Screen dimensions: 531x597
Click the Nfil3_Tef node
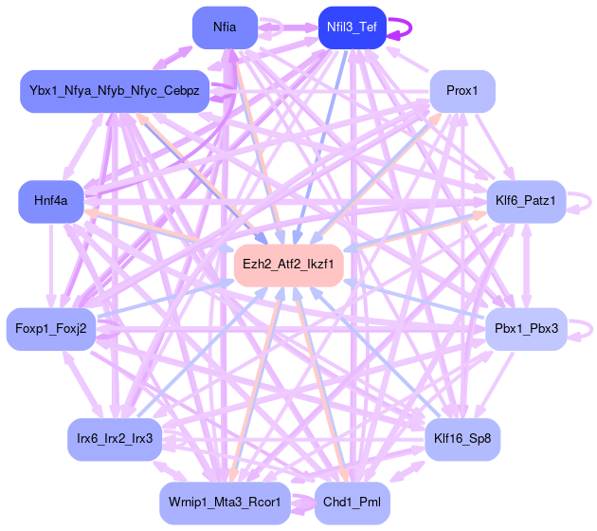pyautogui.click(x=352, y=27)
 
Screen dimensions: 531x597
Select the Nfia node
pyautogui.click(x=225, y=27)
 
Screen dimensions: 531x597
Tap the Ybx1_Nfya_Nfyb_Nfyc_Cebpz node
pyautogui.click(x=115, y=91)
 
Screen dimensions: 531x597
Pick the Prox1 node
pyautogui.click(x=462, y=91)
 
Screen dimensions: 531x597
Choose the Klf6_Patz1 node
pyautogui.click(x=525, y=200)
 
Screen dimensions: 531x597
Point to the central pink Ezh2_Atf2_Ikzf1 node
pyautogui.click(x=288, y=265)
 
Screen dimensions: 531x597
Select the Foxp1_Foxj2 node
pyautogui.click(x=51, y=329)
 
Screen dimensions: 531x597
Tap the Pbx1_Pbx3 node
pyautogui.click(x=526, y=329)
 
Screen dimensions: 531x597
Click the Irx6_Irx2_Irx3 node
pyautogui.click(x=115, y=439)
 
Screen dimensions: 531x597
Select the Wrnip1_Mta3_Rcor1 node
pyautogui.click(x=225, y=502)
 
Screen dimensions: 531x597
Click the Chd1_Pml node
pyautogui.click(x=352, y=502)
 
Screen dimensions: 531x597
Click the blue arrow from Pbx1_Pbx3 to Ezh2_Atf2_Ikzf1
pyautogui.click(x=417, y=300)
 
